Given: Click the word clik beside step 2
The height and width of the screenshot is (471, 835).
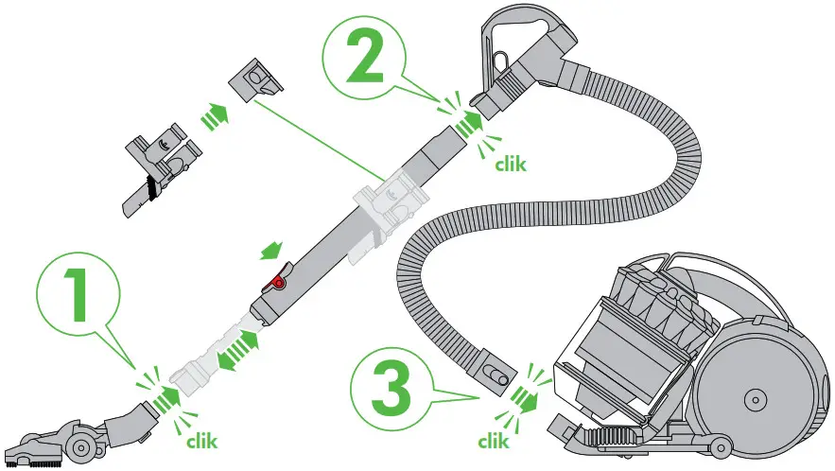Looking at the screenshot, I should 511,163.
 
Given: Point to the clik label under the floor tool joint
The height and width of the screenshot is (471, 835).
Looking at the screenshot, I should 201,440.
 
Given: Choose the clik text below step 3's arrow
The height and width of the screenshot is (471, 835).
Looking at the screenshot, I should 494,440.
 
